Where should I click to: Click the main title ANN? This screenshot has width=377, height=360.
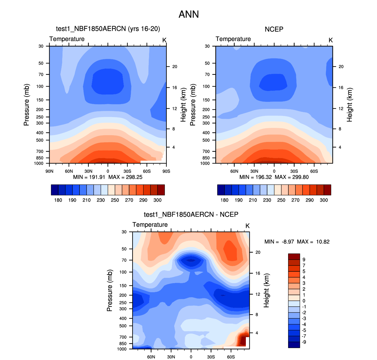tap(189, 14)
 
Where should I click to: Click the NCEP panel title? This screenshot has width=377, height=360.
tap(274, 29)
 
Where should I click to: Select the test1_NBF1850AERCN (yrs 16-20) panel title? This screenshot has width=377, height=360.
tap(108, 29)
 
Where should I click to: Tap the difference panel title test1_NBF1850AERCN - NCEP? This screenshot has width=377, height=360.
tap(191, 214)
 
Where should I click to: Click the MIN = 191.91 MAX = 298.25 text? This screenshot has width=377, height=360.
tap(108, 177)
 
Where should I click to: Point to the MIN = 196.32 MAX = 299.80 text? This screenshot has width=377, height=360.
tap(274, 177)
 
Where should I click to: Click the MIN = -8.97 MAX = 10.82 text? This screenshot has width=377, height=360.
tap(297, 242)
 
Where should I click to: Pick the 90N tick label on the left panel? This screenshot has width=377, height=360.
tap(49, 171)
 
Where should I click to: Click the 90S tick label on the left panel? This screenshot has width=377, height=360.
tap(166, 171)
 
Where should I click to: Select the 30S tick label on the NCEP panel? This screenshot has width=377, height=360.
tap(294, 171)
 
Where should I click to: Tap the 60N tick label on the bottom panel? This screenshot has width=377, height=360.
tap(151, 357)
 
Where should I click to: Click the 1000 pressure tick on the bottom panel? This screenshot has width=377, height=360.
tap(122, 349)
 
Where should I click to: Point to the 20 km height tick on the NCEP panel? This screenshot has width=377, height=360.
tap(341, 67)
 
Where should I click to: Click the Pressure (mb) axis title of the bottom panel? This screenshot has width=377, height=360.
tap(109, 290)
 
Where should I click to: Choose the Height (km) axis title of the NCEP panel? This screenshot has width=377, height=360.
tap(349, 105)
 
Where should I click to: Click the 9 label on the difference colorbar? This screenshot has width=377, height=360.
tap(304, 260)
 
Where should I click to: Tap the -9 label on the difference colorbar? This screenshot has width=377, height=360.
tap(304, 342)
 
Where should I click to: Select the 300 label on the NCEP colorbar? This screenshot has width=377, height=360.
tap(324, 200)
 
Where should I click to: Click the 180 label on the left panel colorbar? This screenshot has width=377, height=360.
tap(58, 200)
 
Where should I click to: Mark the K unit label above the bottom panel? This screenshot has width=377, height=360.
tap(247, 226)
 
